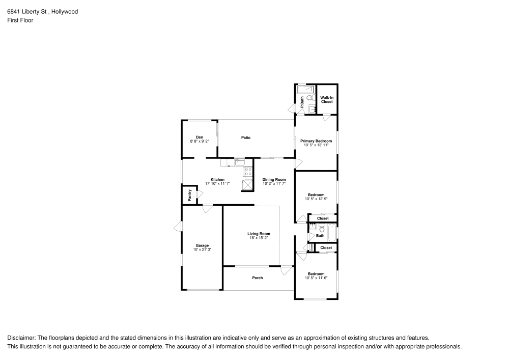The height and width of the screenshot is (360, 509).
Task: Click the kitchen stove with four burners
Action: pyautogui.click(x=247, y=172)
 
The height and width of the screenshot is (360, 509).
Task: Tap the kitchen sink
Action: pyautogui.click(x=239, y=163)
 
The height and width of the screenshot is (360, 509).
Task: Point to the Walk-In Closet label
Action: pyautogui.click(x=326, y=99)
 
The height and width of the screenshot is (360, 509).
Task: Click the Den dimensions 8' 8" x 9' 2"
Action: pyautogui.click(x=200, y=141)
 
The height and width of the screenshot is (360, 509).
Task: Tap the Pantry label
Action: pyautogui.click(x=189, y=195)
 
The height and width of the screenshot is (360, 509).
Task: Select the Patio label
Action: pyautogui.click(x=246, y=137)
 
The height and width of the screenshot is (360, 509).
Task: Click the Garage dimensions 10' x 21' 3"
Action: pyautogui.click(x=202, y=250)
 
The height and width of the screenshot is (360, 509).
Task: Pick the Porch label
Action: pyautogui.click(x=258, y=278)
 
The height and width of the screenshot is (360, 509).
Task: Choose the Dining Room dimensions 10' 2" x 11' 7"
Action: pyautogui.click(x=274, y=183)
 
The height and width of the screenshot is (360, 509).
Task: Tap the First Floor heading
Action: pyautogui.click(x=20, y=20)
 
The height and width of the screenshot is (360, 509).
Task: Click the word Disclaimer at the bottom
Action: pyautogui.click(x=21, y=338)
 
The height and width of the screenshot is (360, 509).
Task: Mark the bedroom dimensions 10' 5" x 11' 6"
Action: pyautogui.click(x=316, y=278)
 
